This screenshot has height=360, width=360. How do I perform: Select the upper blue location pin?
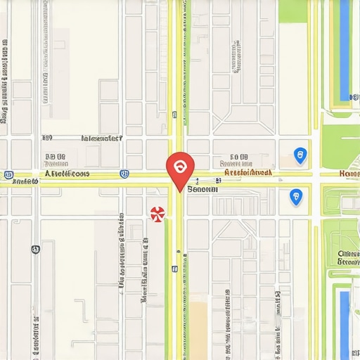(x=300, y=155)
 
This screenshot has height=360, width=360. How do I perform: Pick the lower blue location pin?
(x=296, y=197)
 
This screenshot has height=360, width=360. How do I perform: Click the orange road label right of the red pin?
(x=247, y=172)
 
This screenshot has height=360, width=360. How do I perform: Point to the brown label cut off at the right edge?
(x=349, y=173)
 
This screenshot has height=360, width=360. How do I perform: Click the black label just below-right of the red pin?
(x=204, y=189)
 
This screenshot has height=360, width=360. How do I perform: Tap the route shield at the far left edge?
(x=8, y=174)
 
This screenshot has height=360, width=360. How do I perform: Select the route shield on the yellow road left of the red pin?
(x=124, y=173)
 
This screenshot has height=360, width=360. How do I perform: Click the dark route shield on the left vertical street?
(x=35, y=249)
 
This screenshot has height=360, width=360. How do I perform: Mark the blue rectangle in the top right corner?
(x=344, y=49)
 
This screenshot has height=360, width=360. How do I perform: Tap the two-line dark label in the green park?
(x=348, y=258)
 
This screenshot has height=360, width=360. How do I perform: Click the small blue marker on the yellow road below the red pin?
(x=173, y=269)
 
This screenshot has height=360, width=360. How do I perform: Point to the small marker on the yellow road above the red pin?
(x=174, y=114)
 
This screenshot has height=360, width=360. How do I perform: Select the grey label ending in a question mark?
(x=102, y=139)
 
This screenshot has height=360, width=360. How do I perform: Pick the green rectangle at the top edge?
(x=293, y=11)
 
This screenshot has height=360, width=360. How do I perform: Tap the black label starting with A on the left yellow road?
(x=67, y=173)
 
